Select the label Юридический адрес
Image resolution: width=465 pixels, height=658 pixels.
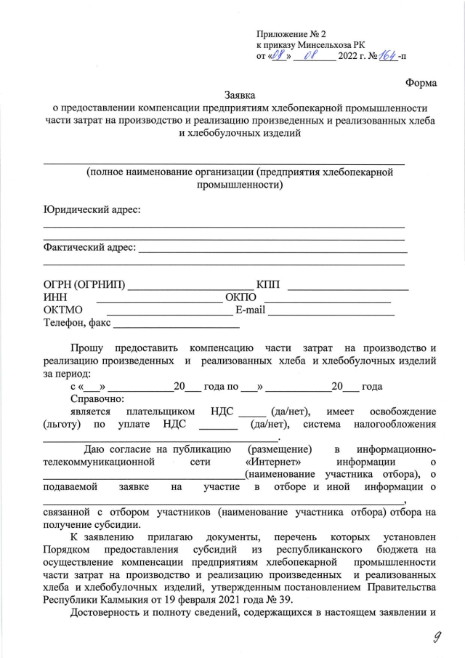(92, 209)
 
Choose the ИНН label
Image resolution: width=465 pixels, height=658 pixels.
(56, 297)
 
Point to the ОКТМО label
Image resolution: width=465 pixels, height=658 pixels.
(62, 310)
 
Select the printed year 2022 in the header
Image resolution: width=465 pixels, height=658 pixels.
(352, 57)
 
